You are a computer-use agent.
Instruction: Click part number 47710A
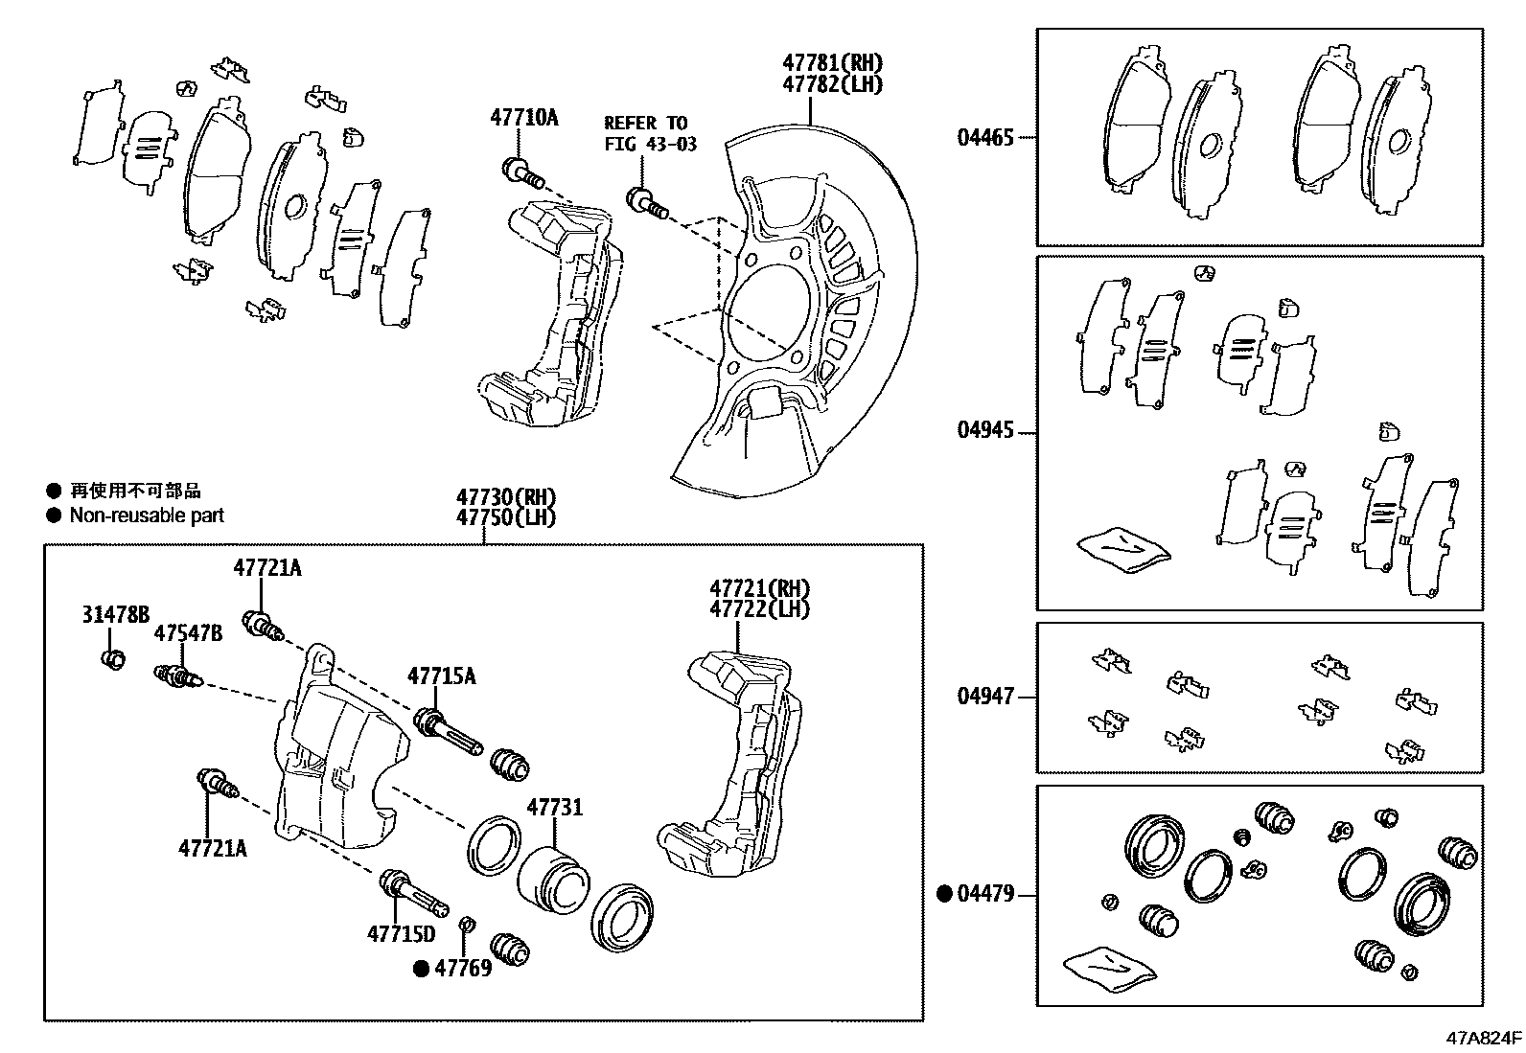point(523,118)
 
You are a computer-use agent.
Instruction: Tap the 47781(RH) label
point(831,63)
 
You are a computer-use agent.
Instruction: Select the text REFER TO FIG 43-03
point(650,133)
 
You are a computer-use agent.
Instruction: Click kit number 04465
point(984,137)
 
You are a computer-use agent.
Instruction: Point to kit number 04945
point(984,430)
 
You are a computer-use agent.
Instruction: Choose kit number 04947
point(984,697)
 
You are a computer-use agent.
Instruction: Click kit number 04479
point(984,895)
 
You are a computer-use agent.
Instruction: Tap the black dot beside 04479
point(944,895)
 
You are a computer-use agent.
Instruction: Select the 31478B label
point(115,615)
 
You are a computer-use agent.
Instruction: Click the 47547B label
point(188,633)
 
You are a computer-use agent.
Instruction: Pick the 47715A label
point(441,676)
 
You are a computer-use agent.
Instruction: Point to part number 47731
point(554,808)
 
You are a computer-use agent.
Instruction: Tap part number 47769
point(463,968)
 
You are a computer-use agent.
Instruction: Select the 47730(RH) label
point(505,497)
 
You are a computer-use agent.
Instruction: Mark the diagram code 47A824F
point(1484,1038)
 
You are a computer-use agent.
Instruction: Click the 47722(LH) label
point(759,609)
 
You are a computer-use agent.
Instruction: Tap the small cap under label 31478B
point(113,659)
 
